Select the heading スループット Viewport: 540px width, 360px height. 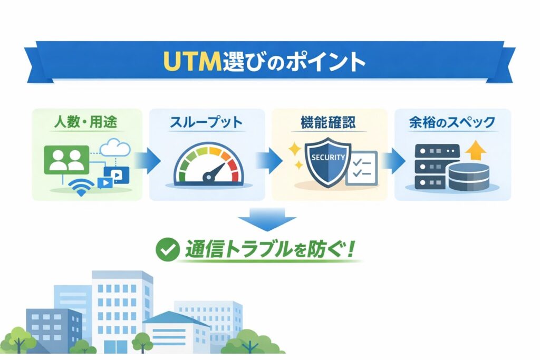pyautogui.click(x=206, y=123)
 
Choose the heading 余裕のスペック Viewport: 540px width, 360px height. pyautogui.click(x=452, y=123)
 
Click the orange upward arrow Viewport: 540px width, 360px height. pyautogui.click(x=477, y=151)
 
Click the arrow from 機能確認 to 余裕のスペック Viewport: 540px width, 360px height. pyautogui.click(x=394, y=159)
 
